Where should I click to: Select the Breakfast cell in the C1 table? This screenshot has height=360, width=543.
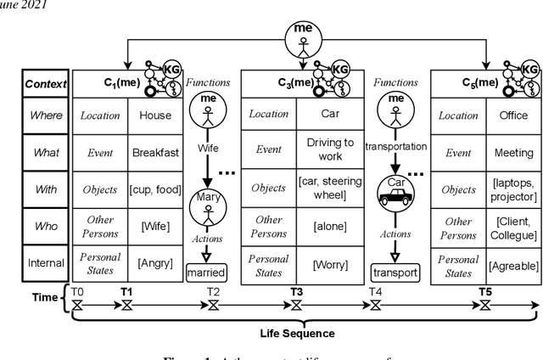(x=155, y=153)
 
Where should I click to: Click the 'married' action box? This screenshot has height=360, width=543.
(x=207, y=273)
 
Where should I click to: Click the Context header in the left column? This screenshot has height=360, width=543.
(x=46, y=83)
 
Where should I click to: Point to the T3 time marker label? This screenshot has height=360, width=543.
(x=296, y=292)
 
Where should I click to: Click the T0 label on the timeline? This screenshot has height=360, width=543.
(x=78, y=292)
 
